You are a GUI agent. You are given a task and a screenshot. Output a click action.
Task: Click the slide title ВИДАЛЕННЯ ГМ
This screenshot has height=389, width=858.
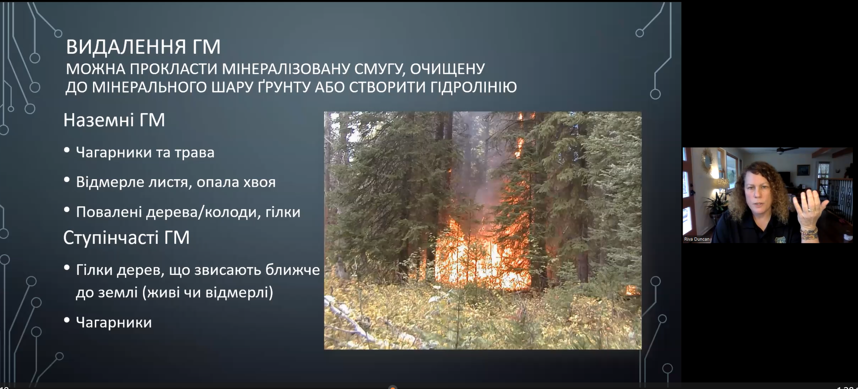pyautogui.click(x=143, y=47)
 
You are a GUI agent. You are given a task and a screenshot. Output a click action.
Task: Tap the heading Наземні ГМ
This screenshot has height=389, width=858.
pyautogui.click(x=114, y=120)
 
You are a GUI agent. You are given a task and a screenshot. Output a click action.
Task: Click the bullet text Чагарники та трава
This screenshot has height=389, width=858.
pyautogui.click(x=145, y=153)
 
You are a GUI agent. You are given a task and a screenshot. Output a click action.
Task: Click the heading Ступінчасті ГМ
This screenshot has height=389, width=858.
pyautogui.click(x=126, y=238)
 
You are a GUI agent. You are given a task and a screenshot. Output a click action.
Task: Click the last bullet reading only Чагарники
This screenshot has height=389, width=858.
pyautogui.click(x=114, y=323)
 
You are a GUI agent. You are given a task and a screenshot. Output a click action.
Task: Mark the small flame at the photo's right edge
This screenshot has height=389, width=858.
pyautogui.click(x=632, y=290)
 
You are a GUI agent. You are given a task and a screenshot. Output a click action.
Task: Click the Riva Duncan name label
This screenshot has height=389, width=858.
pyautogui.click(x=697, y=239)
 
